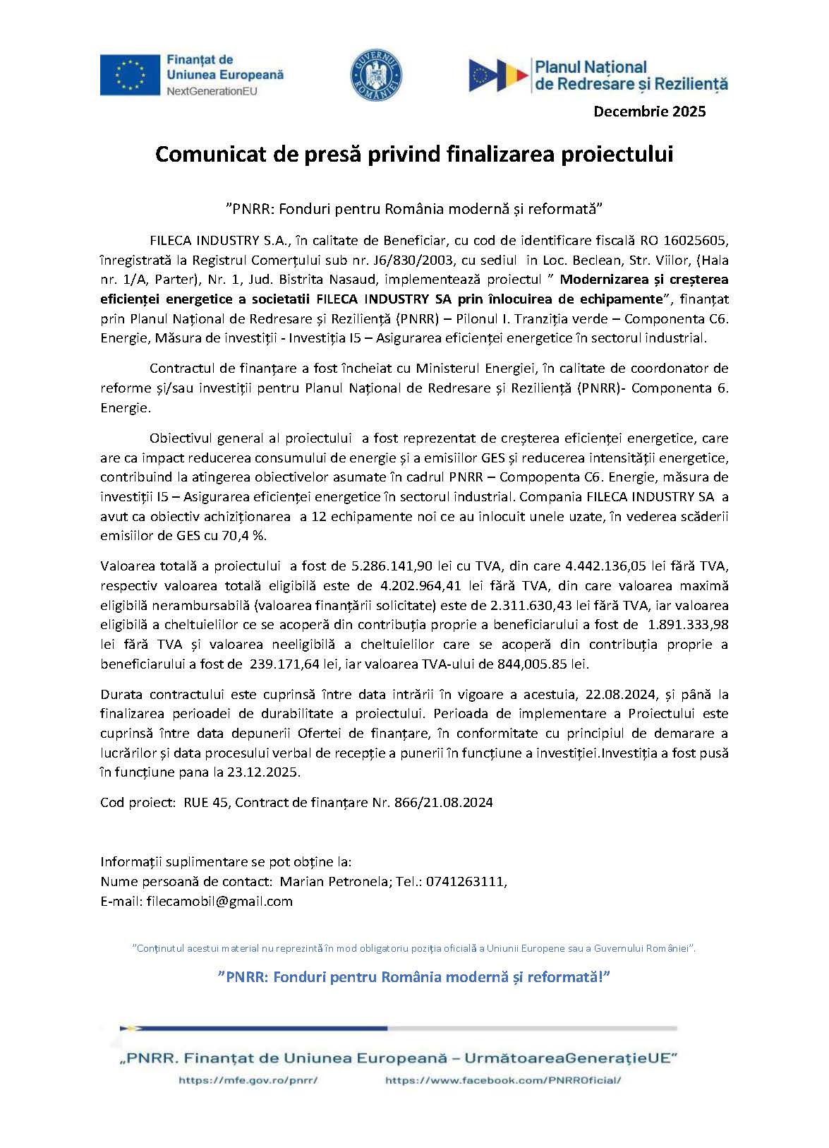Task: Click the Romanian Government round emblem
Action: [377, 75]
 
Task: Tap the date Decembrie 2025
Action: [649, 111]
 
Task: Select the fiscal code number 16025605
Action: [694, 240]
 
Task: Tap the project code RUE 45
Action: [205, 803]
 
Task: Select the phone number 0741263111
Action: [464, 882]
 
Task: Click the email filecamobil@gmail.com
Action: [219, 902]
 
